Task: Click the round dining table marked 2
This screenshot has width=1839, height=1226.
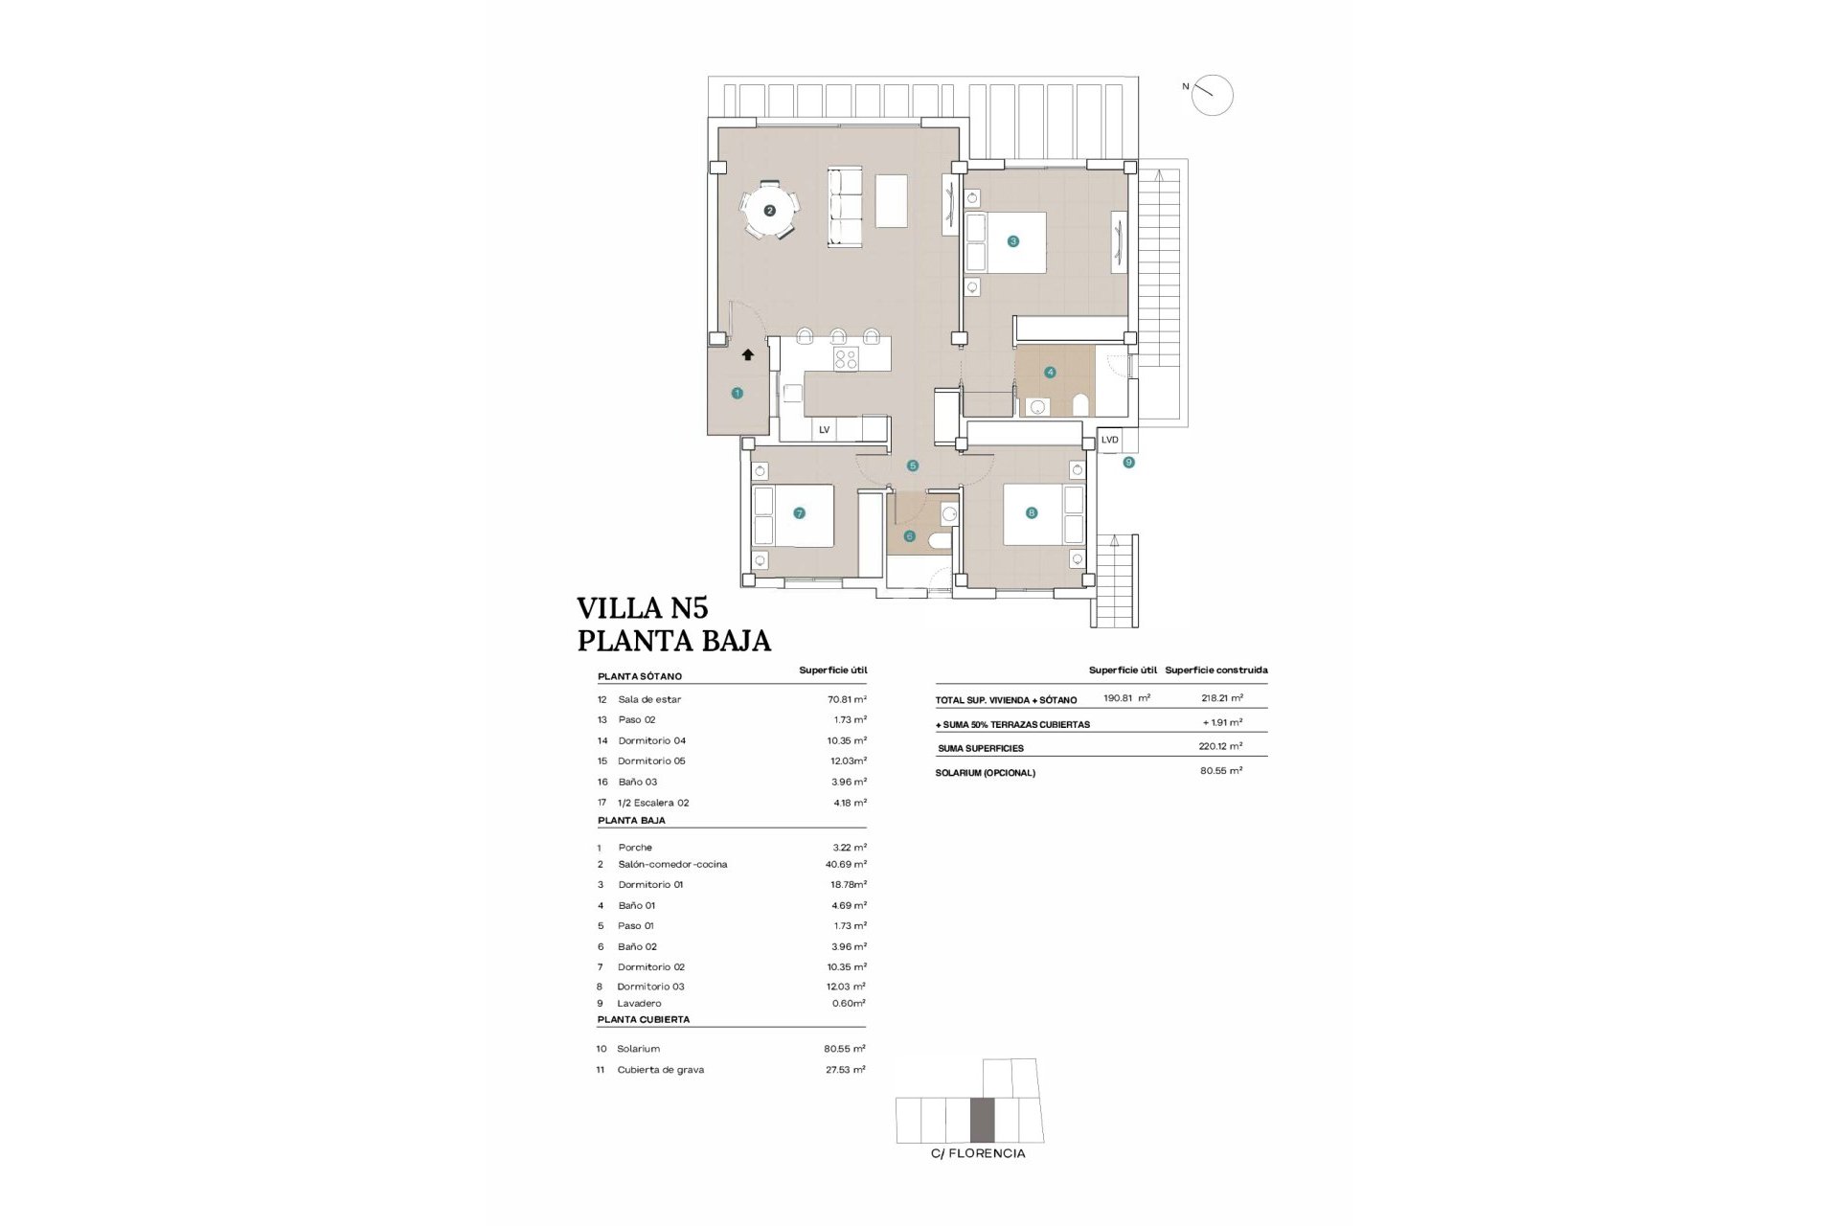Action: [x=769, y=210]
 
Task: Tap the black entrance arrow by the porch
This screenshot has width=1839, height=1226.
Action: [x=747, y=354]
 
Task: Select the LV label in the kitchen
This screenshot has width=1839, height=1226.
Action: [x=824, y=430]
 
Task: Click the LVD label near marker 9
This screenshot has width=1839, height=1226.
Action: [x=1109, y=440]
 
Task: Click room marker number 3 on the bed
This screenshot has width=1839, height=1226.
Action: [x=1012, y=241]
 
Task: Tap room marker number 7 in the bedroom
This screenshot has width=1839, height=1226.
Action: [x=799, y=513]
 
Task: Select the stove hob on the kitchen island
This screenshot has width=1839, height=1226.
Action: [x=846, y=359]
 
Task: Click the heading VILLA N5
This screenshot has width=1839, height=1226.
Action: [x=642, y=608]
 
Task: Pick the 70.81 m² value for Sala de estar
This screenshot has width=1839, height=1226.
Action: [x=847, y=699]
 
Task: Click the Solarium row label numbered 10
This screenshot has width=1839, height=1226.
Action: [x=638, y=1049]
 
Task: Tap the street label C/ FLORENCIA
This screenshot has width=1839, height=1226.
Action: [x=978, y=1153]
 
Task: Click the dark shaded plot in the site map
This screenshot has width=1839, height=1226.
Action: [x=983, y=1121]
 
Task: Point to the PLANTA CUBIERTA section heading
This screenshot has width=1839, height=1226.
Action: [x=644, y=1020]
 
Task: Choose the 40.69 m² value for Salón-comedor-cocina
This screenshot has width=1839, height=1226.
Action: [x=846, y=864]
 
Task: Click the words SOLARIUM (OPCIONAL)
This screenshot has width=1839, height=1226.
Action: [x=985, y=773]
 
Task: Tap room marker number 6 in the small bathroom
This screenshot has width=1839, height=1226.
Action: [x=909, y=536]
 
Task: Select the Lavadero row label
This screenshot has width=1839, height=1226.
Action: [x=639, y=1004]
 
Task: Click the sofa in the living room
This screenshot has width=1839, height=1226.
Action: [x=846, y=208]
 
